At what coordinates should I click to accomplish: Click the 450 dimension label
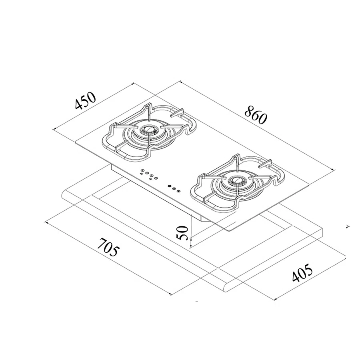tap(85, 102)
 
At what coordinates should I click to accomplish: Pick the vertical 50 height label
tap(182, 232)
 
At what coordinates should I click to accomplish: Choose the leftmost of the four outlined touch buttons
tap(142, 172)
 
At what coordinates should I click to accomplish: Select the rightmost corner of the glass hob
tap(310, 184)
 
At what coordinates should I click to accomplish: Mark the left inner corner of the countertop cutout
tap(93, 195)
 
